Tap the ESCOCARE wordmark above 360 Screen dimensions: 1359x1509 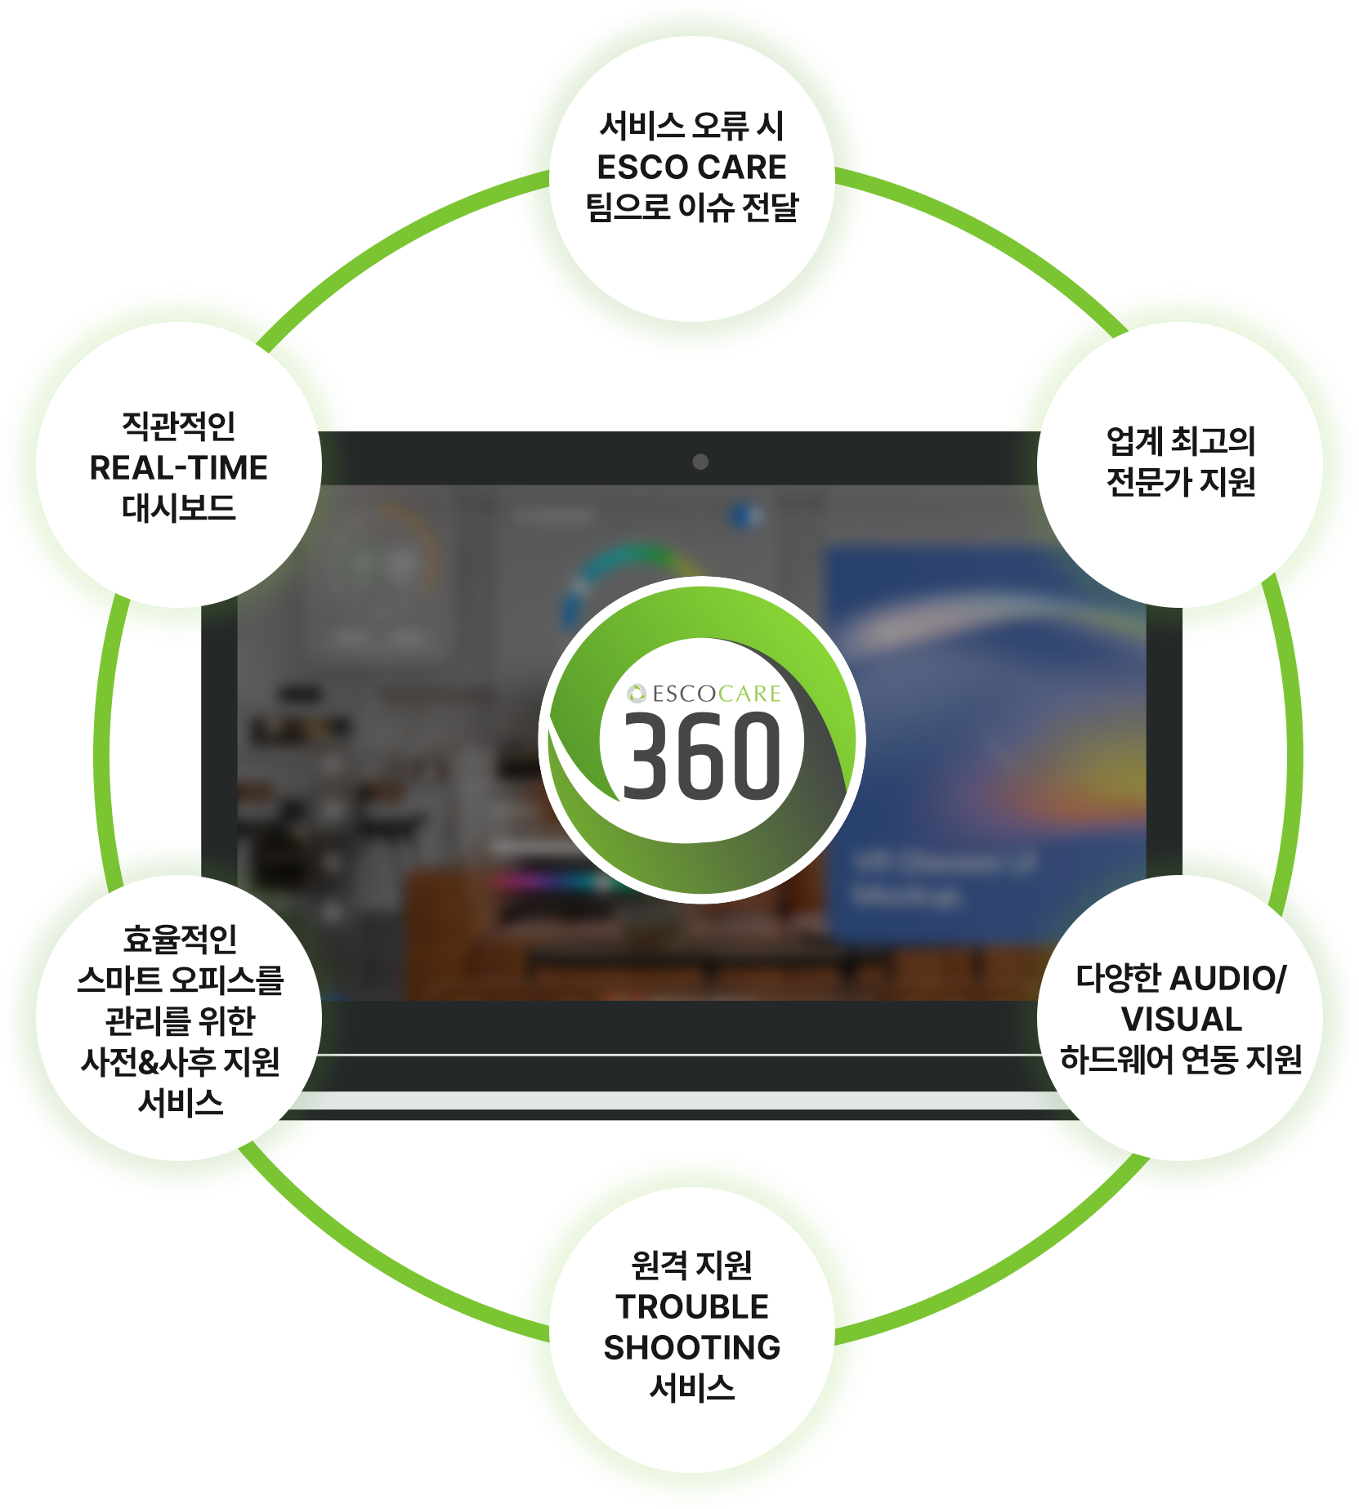(x=716, y=694)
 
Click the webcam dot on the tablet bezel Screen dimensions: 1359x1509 (x=700, y=462)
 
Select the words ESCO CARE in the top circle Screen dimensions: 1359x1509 (x=691, y=167)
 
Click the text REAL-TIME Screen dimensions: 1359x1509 (x=179, y=468)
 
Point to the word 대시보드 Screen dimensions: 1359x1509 (x=179, y=508)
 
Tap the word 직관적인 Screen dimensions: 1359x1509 (x=179, y=426)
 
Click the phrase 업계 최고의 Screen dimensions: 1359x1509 (x=1180, y=441)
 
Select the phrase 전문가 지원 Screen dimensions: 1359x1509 (x=1180, y=482)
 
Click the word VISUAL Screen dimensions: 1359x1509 (x=1181, y=1020)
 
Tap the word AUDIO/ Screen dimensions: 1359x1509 (x=1228, y=979)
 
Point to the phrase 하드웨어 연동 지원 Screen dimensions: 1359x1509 (x=1181, y=1060)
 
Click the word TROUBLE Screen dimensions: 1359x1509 (x=692, y=1307)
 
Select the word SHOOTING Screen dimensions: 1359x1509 (x=692, y=1348)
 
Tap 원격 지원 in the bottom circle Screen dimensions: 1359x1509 (x=692, y=1266)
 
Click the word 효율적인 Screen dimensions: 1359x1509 (x=180, y=940)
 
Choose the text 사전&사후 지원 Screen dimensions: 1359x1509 (x=180, y=1062)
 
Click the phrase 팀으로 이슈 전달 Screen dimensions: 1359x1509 (x=691, y=208)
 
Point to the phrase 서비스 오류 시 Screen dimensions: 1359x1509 (x=691, y=126)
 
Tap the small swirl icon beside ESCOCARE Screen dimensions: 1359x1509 (x=637, y=694)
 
